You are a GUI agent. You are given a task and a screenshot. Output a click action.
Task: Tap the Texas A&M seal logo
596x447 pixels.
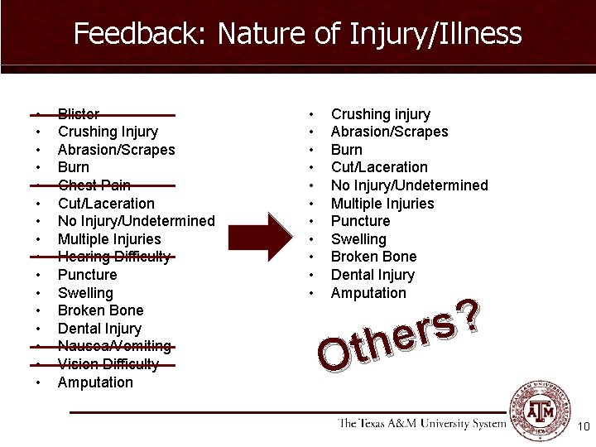pos(539,411)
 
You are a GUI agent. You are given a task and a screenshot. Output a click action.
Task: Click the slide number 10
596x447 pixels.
pos(583,426)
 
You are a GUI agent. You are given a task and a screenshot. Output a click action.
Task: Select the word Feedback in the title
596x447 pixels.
pos(141,34)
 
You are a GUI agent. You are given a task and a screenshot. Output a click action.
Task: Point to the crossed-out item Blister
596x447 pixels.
pos(79,114)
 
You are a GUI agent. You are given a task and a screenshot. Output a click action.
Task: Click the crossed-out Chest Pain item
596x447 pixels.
pos(94,185)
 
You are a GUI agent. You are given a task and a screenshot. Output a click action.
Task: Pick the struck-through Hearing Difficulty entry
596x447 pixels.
pos(114,257)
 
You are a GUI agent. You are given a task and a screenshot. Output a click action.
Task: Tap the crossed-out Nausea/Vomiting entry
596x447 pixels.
pos(114,346)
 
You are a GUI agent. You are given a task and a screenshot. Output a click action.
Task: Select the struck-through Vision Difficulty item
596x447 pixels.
pos(108,364)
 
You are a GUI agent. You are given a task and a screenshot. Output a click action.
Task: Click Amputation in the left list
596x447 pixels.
pos(95,382)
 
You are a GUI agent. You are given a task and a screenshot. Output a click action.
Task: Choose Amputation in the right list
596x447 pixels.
pos(368,293)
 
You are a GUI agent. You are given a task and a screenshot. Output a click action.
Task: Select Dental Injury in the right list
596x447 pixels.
pos(372,275)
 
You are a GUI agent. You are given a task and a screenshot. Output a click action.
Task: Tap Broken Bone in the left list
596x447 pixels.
pos(100,310)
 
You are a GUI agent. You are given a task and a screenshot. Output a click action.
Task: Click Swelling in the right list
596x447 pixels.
pos(358,239)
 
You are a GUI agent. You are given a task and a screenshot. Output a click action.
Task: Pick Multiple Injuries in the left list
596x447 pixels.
pos(109,239)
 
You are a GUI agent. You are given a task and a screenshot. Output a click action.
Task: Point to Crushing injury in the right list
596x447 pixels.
pos(381,114)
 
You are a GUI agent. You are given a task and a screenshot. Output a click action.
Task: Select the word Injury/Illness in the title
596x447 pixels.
pos(435,34)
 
